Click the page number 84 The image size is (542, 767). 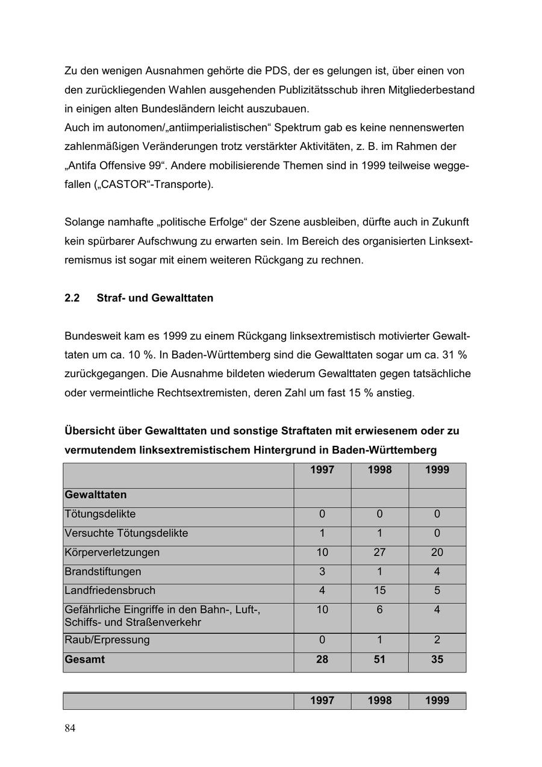[x=70, y=728]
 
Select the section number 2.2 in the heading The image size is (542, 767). [x=72, y=298]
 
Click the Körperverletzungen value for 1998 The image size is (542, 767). [x=379, y=553]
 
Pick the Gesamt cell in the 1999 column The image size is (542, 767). [x=437, y=660]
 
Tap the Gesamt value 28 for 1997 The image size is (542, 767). [x=322, y=660]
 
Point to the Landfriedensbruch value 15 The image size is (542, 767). [x=379, y=590]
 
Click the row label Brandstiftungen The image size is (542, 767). [x=103, y=571]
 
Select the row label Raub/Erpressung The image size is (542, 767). [x=107, y=640]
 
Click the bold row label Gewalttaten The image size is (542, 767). [x=96, y=495]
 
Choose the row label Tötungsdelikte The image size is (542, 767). [x=100, y=515]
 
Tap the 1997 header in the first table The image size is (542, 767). [x=322, y=470]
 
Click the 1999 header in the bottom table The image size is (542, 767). [x=437, y=701]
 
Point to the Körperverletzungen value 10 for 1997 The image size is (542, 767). [x=322, y=553]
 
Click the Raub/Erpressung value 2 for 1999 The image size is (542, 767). [x=437, y=640]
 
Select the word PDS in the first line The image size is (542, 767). [x=277, y=71]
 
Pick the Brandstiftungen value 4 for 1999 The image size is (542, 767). [x=437, y=571]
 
